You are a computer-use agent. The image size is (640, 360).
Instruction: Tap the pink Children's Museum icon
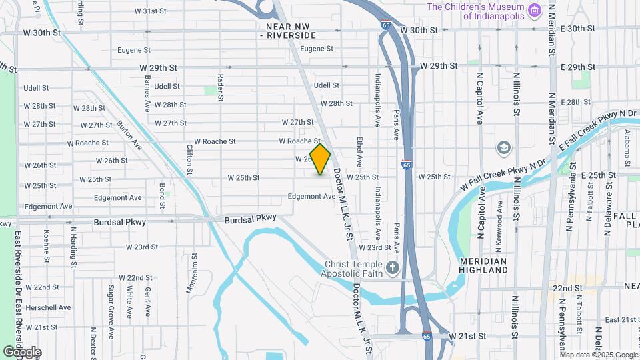tap(533, 10)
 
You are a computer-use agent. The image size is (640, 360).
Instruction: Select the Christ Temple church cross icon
tap(393, 268)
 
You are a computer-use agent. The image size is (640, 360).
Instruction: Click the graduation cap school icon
tap(505, 147)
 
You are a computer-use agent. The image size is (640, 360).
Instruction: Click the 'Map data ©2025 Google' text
tap(599, 355)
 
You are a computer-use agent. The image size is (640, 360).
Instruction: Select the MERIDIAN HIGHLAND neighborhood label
tap(483, 265)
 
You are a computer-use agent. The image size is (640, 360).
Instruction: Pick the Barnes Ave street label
tap(147, 93)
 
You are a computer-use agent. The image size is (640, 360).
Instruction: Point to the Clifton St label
tap(190, 159)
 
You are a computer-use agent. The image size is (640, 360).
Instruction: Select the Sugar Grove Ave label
tap(111, 302)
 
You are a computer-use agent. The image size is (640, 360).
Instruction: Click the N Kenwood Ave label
tap(500, 216)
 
